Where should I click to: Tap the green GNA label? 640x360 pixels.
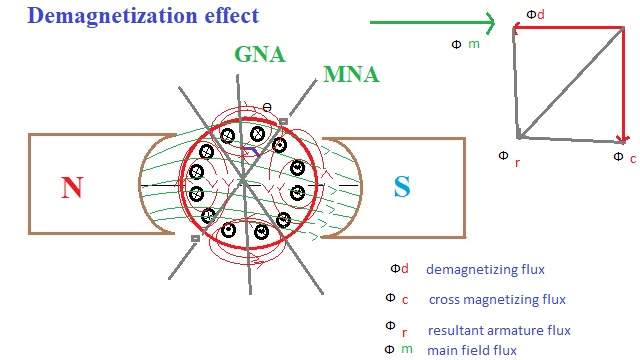click(x=260, y=56)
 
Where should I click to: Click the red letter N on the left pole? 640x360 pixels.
click(x=71, y=187)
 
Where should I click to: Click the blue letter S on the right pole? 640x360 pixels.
click(x=401, y=187)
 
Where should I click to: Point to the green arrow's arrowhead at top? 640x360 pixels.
click(x=490, y=21)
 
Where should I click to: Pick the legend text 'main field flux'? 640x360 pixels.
click(x=472, y=350)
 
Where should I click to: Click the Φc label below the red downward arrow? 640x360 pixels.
click(x=621, y=157)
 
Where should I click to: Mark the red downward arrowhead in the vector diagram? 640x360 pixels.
click(x=622, y=138)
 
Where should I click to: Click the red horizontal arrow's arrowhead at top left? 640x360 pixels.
click(x=519, y=30)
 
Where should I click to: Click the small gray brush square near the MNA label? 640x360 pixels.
click(x=284, y=122)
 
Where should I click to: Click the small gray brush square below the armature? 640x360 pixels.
click(x=194, y=238)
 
